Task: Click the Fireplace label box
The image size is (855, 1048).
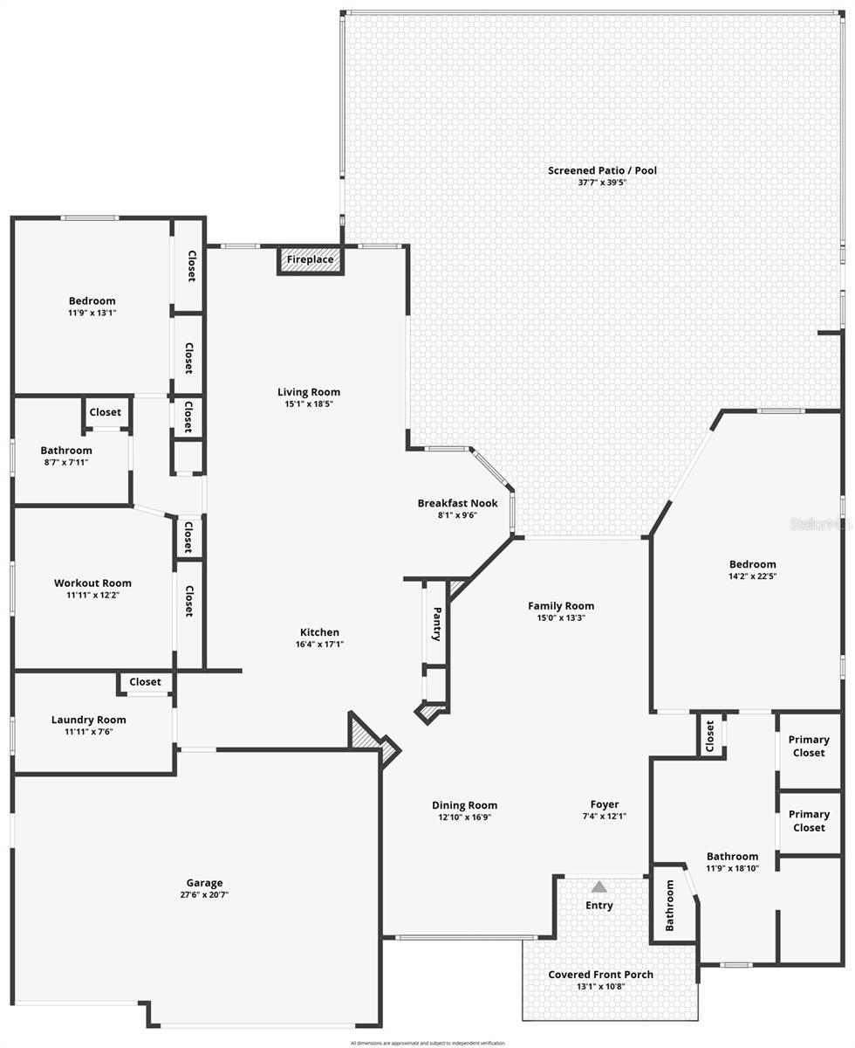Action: coord(311,259)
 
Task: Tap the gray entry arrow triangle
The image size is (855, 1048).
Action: coord(598,886)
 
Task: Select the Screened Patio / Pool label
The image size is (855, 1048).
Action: coord(602,170)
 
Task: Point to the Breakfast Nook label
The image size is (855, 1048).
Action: coord(457,503)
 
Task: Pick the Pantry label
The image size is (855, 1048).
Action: coord(437,624)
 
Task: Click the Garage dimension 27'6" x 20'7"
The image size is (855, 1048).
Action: coord(204,894)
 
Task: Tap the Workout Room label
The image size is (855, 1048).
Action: coord(92,583)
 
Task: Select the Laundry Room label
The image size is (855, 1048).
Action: coord(88,720)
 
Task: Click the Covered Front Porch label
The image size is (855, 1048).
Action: coord(600,975)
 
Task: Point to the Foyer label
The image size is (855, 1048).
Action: coord(604,804)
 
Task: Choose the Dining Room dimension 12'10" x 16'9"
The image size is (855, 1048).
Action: coord(464,817)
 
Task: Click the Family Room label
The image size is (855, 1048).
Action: coord(560,605)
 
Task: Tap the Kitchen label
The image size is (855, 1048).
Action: coord(319,632)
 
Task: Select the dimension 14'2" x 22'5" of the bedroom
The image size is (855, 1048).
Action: coord(752,576)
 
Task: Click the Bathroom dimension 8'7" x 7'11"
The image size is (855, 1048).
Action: coord(65,462)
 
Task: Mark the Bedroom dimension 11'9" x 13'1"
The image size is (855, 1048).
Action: coord(92,313)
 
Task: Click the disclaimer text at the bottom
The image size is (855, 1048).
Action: coord(427,1043)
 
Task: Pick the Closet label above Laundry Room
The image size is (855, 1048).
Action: coord(145,682)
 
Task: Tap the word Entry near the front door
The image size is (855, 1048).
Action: coord(598,906)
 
